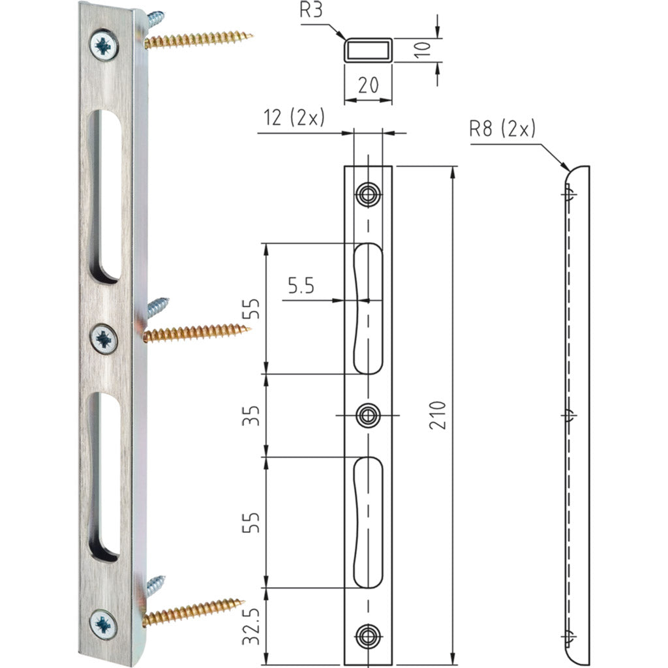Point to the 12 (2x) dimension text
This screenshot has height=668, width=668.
(294, 117)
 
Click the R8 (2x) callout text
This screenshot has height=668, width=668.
(502, 129)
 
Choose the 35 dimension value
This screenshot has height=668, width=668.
(252, 415)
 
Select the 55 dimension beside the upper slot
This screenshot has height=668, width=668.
(252, 309)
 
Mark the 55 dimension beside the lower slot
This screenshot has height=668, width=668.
(252, 522)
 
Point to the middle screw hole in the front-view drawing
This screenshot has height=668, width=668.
(367, 415)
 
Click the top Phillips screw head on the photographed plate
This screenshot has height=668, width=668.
(104, 46)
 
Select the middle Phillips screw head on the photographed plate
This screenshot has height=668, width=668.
(104, 339)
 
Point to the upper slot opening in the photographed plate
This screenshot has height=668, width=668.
(103, 196)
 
